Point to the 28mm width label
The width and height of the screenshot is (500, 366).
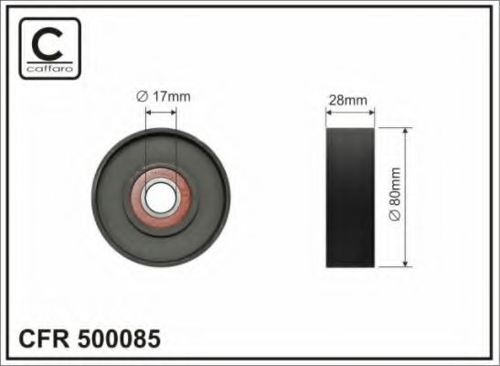point(350,102)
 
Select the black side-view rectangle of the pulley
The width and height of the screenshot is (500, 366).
point(350,197)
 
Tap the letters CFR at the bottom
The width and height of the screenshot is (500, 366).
point(43,339)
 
